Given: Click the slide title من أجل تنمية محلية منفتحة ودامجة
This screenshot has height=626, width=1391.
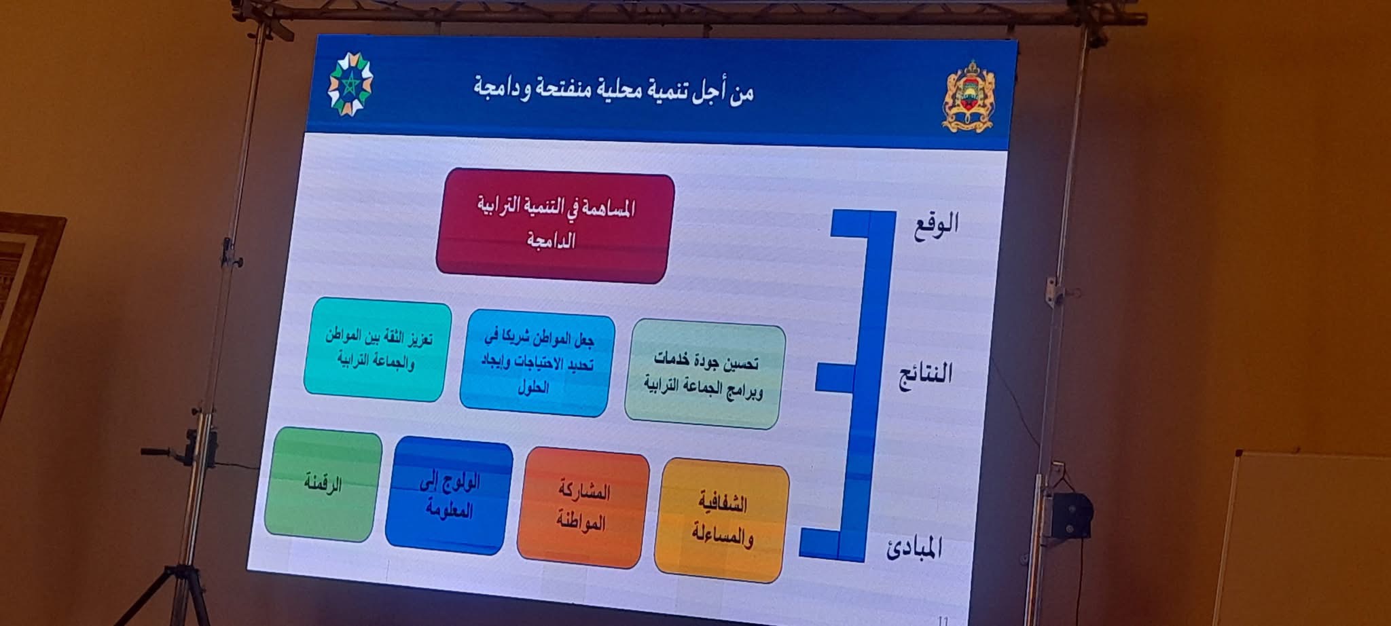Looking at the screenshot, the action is [614, 90].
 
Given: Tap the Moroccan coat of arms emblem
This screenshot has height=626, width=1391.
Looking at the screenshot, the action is [969, 96].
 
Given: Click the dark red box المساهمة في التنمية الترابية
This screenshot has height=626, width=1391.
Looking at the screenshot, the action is [554, 226].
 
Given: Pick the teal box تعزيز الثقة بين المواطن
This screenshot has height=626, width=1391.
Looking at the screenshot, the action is [377, 349].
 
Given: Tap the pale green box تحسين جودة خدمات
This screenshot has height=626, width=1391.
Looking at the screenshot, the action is [704, 376].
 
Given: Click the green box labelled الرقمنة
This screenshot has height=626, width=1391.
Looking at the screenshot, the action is [323, 484].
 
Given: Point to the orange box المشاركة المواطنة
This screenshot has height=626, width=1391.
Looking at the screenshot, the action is [582, 507].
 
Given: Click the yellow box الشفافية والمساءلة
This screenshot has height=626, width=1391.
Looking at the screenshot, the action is [721, 520].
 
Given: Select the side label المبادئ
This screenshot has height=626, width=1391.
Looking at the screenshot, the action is [914, 547].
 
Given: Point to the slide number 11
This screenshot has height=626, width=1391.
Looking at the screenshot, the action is [943, 620].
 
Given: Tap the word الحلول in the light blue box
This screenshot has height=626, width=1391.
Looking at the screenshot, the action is [533, 388].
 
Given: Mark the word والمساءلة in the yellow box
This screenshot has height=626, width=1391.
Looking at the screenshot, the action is [722, 536].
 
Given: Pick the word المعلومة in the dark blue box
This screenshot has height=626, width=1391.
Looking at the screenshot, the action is [449, 509].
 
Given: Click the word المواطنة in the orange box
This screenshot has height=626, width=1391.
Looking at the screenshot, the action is [581, 521].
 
